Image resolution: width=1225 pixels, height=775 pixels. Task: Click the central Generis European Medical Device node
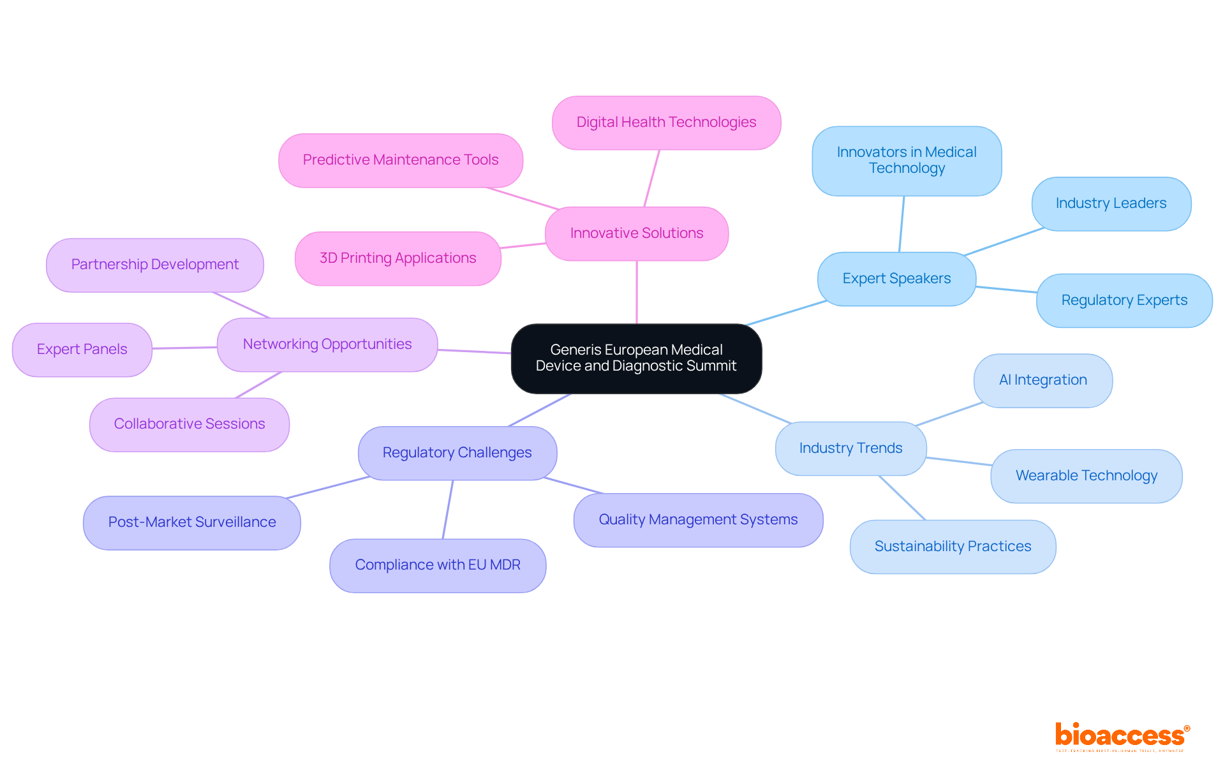pyautogui.click(x=636, y=358)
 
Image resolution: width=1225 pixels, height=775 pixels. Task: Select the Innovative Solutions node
pyautogui.click(x=636, y=233)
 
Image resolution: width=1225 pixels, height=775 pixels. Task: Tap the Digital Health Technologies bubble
pyautogui.click(x=666, y=122)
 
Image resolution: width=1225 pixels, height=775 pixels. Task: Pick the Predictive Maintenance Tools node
pyautogui.click(x=400, y=160)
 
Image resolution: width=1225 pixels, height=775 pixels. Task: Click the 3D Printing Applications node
pyautogui.click(x=397, y=258)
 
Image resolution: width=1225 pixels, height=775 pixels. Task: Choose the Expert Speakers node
pyautogui.click(x=896, y=279)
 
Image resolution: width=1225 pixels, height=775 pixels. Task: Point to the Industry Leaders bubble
pyautogui.click(x=1111, y=203)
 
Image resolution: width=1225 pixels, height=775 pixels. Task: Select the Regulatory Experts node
pyautogui.click(x=1124, y=300)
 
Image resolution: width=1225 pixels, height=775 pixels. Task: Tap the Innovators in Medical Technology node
pyautogui.click(x=906, y=161)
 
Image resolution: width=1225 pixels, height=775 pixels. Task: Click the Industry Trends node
pyautogui.click(x=850, y=448)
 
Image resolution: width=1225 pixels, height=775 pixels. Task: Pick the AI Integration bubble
pyautogui.click(x=1043, y=380)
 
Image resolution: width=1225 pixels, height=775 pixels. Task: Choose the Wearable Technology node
pyautogui.click(x=1086, y=476)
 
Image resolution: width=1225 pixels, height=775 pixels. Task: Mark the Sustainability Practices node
pyautogui.click(x=952, y=547)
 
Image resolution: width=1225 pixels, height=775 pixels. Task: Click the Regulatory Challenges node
pyautogui.click(x=457, y=453)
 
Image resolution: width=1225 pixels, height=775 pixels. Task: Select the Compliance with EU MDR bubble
pyautogui.click(x=438, y=565)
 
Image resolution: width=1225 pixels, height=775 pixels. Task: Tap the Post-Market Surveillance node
pyautogui.click(x=191, y=522)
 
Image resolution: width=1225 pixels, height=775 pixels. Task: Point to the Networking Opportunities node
pyautogui.click(x=327, y=344)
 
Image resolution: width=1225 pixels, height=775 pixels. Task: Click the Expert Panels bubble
pyautogui.click(x=82, y=350)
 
